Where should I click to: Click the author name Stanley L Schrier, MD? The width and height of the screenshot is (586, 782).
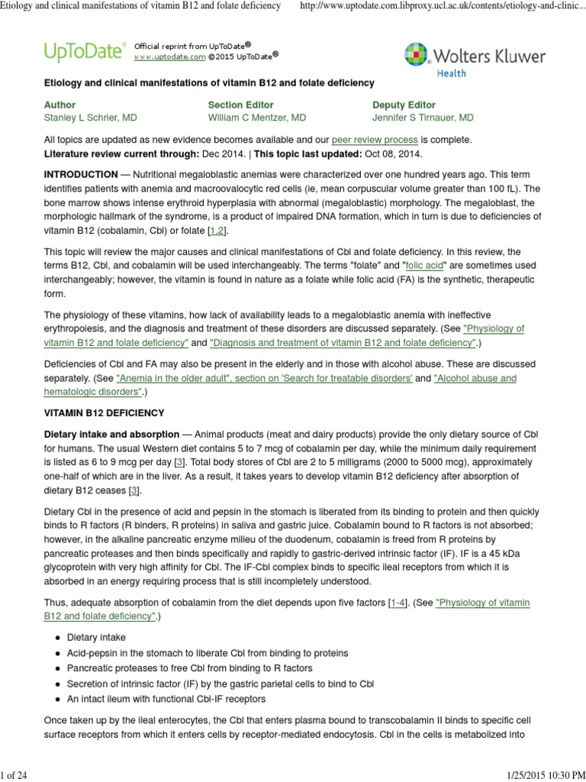point(91,118)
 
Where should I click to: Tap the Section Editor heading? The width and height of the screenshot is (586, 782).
point(240,105)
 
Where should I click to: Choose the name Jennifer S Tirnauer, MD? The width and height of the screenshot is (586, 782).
point(423,118)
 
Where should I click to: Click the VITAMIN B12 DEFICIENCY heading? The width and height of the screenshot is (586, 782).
point(104,413)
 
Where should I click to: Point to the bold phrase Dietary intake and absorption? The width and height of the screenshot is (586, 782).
point(111,434)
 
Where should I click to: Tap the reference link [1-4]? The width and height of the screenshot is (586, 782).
point(398,603)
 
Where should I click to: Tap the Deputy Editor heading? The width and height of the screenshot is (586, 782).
point(404,105)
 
